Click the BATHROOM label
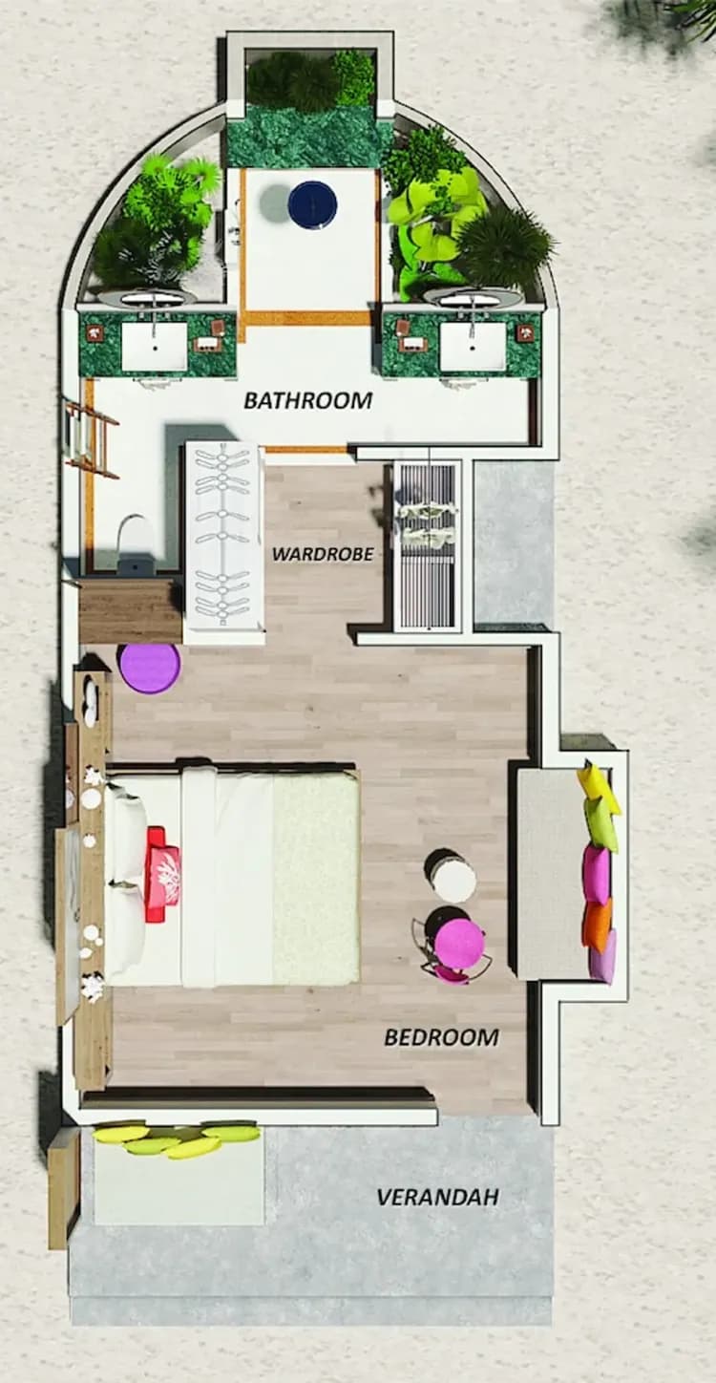click(x=307, y=400)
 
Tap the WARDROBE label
click(x=323, y=554)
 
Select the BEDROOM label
click(x=441, y=1037)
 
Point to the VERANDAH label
click(x=437, y=1197)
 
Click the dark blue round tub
click(x=312, y=204)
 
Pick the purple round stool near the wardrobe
click(x=149, y=668)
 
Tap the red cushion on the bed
click(x=162, y=874)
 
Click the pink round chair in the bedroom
click(x=459, y=944)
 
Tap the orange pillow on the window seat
click(x=598, y=925)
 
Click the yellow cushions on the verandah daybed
click(x=177, y=1138)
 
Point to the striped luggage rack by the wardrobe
click(x=427, y=544)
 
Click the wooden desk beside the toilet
click(x=130, y=609)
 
